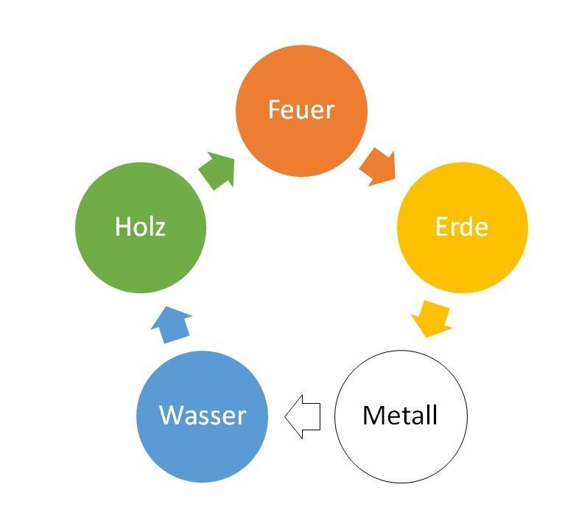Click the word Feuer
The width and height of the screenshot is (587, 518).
[300, 111]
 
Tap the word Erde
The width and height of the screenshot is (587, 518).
[462, 226]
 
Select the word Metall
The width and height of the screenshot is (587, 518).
[400, 416]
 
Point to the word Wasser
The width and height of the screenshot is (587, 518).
[203, 416]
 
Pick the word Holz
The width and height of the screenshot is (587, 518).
[140, 226]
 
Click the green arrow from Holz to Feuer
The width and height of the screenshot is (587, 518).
[217, 169]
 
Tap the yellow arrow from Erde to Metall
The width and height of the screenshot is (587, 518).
[432, 318]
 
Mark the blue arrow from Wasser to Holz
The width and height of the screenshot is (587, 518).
[175, 324]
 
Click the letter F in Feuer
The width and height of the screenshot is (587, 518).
[273, 111]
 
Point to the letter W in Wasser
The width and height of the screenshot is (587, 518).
[171, 416]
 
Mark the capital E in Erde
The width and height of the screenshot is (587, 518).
[440, 226]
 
